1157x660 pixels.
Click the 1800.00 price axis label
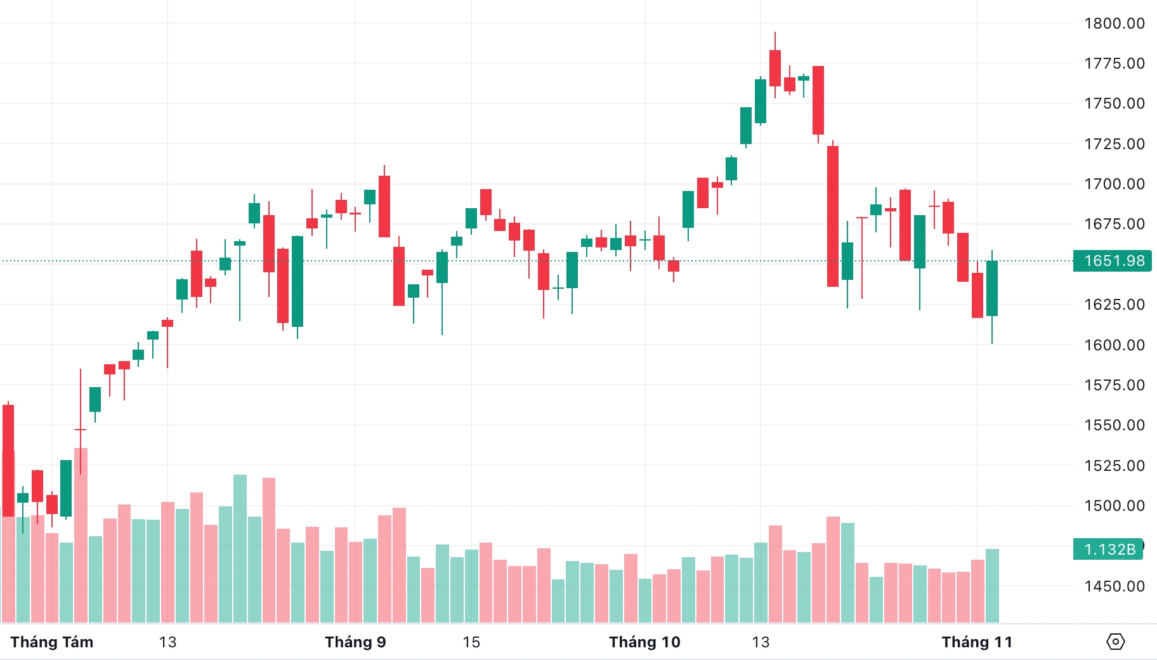point(1114,23)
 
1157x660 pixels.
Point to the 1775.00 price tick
point(1114,63)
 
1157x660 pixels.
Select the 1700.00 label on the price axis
point(1114,184)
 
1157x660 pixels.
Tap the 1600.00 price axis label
point(1114,345)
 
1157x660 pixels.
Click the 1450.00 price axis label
point(1114,586)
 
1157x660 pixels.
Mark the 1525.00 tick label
point(1114,466)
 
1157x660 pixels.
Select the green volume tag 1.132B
point(1109,549)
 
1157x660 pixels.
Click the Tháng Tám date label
point(52,642)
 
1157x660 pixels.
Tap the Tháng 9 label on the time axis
point(355,642)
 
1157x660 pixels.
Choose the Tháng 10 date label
point(644,642)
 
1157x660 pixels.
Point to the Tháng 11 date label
point(977,642)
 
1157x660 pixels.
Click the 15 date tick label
point(471,642)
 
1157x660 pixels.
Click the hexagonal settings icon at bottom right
point(1115,642)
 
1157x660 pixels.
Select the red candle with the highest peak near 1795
point(775,68)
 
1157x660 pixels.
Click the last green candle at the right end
point(992,288)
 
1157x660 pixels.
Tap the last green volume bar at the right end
point(992,585)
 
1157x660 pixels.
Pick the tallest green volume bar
point(240,549)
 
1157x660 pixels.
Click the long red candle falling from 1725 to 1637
point(833,216)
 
